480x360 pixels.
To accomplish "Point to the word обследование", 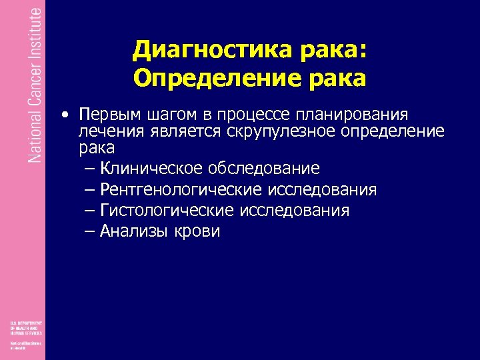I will click(263, 168).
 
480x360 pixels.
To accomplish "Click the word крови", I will click(197, 231).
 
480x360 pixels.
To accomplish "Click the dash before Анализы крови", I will click(91, 231).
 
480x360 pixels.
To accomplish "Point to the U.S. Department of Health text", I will click(25, 327).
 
